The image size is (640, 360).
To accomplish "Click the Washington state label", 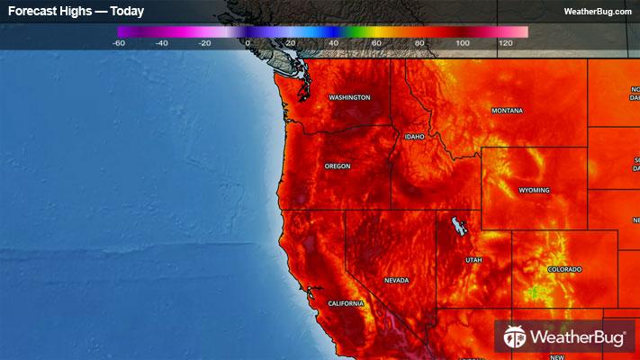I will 349,97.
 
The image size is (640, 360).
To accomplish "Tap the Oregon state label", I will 338,166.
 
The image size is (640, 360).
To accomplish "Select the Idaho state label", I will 414,137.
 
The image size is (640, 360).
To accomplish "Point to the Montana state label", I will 507,111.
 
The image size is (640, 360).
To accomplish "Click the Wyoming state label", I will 534,191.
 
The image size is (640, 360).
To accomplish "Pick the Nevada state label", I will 396,280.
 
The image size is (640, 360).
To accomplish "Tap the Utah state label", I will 473,260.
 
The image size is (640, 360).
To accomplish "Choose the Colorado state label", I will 564,269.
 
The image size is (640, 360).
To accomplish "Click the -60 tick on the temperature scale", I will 120,42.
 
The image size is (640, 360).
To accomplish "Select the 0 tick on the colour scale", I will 248,42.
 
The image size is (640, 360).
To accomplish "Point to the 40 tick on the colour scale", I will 333,42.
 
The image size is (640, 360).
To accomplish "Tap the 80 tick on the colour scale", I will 419,42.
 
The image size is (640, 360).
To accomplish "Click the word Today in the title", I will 127,12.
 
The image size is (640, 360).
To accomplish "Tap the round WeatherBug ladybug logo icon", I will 515,337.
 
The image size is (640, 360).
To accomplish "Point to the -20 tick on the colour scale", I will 204,42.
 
